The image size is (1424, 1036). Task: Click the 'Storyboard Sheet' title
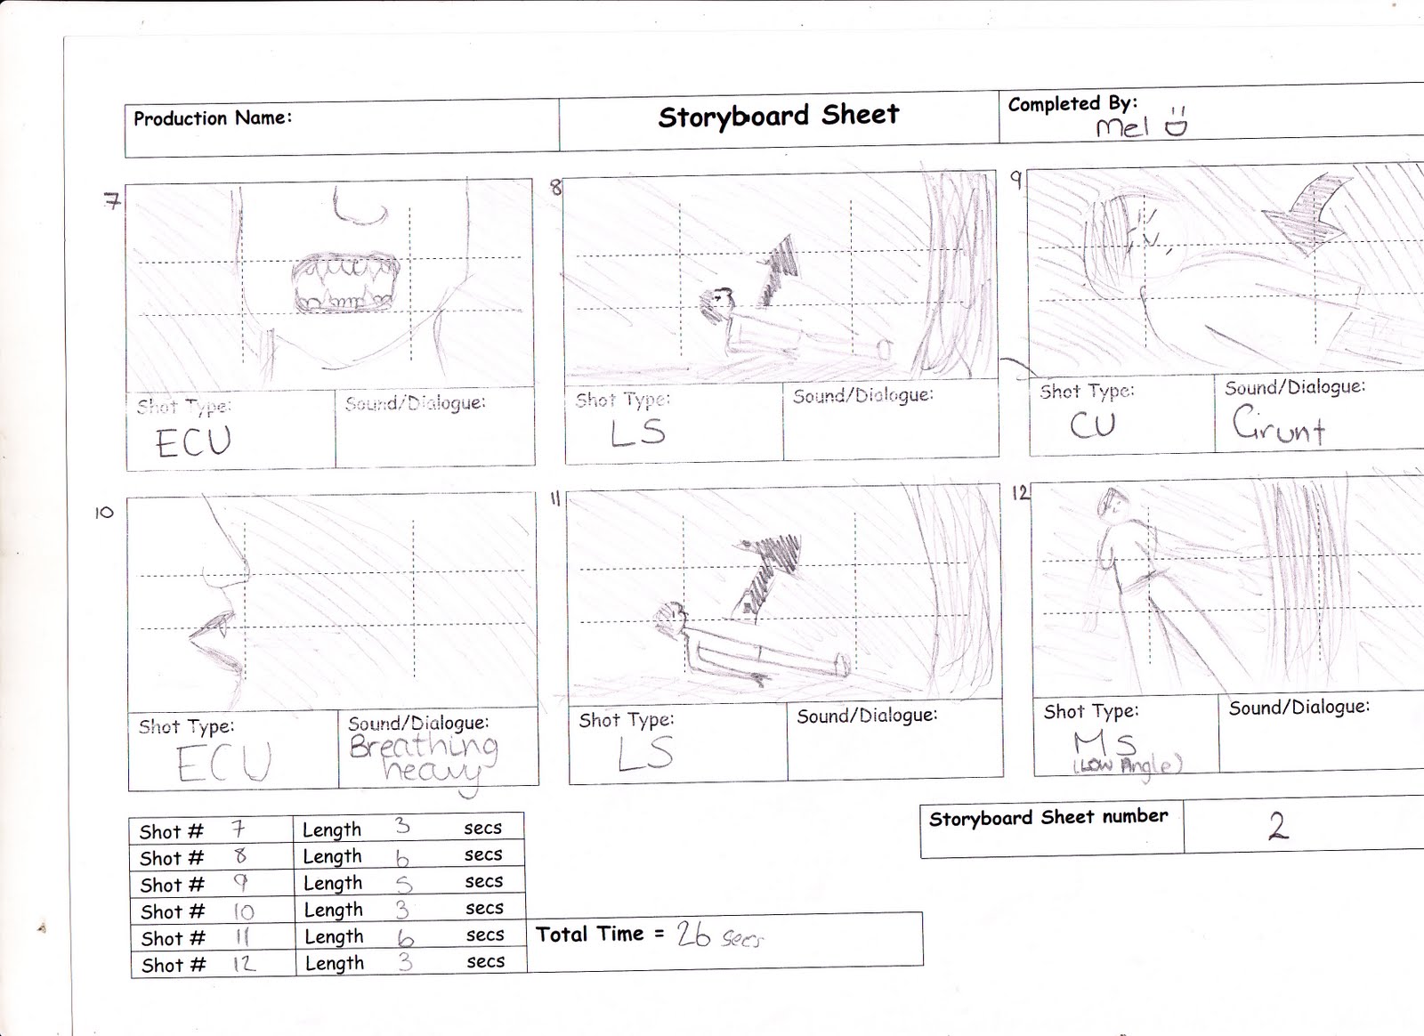pos(779,116)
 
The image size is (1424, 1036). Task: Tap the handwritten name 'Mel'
pos(1121,127)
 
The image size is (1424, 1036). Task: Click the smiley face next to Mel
pos(1176,125)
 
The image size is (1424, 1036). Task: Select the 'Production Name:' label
pos(212,118)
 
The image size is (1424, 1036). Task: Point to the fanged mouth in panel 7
pos(345,283)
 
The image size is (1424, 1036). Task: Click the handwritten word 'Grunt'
pos(1279,425)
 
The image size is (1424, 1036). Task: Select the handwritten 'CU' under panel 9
pos(1092,425)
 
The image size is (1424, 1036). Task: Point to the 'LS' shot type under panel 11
pos(645,753)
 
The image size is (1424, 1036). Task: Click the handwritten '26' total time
pos(693,934)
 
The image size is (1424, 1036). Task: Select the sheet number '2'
pos(1278,826)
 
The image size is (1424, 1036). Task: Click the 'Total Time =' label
pos(600,934)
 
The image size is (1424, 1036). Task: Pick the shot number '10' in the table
pos(242,911)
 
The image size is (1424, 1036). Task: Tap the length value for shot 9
pos(404,883)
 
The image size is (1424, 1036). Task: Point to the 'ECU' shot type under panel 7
pos(193,441)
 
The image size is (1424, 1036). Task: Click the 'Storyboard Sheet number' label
pos(1048,817)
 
